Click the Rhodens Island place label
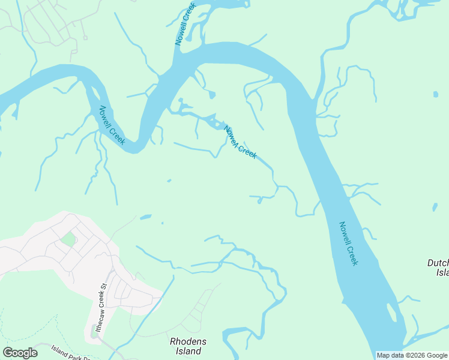tap(188, 346)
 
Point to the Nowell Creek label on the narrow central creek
tap(240, 142)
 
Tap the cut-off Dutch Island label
tap(438, 268)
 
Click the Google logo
tap(20, 353)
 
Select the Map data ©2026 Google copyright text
tap(412, 355)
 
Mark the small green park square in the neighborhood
tap(68, 239)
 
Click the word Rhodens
tap(188, 341)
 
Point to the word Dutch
tap(438, 263)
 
